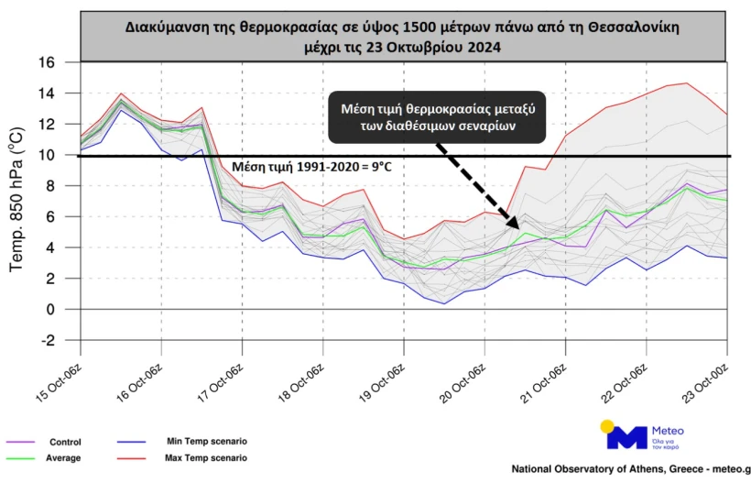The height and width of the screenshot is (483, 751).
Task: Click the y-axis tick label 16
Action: pyautogui.click(x=46, y=62)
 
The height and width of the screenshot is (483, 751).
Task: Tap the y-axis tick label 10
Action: pyautogui.click(x=46, y=155)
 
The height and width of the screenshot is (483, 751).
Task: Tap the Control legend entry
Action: pyautogui.click(x=65, y=441)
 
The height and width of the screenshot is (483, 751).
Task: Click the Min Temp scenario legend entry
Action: pyautogui.click(x=206, y=441)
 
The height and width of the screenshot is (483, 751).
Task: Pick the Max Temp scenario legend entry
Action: pyautogui.click(x=206, y=457)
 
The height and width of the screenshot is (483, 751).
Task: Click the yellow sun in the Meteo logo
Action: pyautogui.click(x=607, y=426)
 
